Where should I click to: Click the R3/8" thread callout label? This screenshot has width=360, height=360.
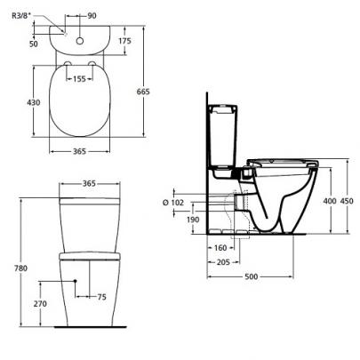pos(21,15)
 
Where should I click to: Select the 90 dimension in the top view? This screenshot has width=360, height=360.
pos(92,15)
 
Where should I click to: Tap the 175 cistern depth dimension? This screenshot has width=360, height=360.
pos(124,41)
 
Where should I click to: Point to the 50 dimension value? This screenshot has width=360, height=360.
pos(34,44)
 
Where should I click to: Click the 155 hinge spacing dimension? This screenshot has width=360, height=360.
pos(79,79)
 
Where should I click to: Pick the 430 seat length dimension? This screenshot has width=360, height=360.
pos(34,102)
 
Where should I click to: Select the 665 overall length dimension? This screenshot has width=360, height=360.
pos(143,92)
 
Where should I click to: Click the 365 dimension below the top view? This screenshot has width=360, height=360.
pos(79,151)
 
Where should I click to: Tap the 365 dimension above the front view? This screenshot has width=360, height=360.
pos(89,183)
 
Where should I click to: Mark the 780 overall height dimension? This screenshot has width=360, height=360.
pos(20,268)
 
